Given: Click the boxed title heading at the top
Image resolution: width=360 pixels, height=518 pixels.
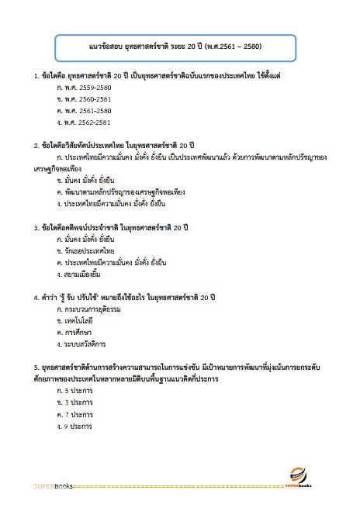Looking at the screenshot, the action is (179, 46).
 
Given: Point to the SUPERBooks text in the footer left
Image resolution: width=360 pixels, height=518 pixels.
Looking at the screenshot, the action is (53, 487).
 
